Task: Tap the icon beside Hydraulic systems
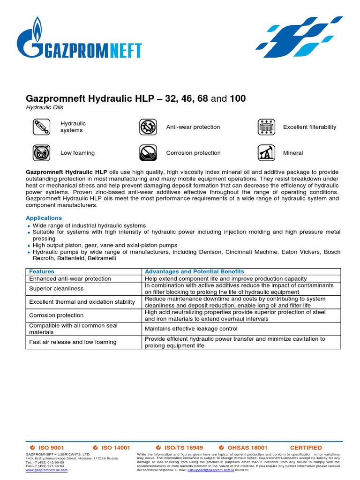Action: coord(41,127)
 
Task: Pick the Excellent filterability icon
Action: coord(266,127)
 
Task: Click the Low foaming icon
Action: coord(41,153)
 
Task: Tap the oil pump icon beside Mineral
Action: coord(266,153)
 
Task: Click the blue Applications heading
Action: coord(44,218)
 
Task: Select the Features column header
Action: coord(42,271)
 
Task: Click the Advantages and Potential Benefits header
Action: coord(195,271)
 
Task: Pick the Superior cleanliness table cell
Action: coord(56,289)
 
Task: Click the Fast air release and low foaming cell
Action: coord(73,342)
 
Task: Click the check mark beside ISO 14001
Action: coord(95,448)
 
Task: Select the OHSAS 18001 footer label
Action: coord(247,448)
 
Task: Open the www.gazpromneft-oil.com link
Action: coord(46,470)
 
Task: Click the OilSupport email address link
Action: coord(210,466)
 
